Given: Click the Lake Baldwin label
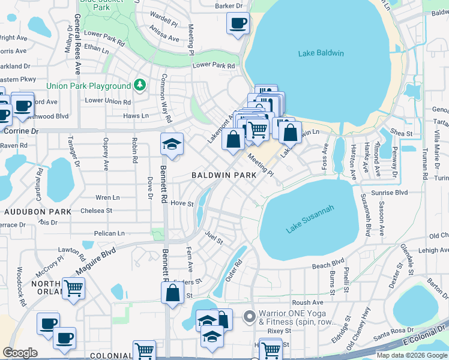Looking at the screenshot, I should tap(321, 53).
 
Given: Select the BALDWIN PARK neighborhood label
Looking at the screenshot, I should tap(224, 175).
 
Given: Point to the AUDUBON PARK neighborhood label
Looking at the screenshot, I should tap(38, 212).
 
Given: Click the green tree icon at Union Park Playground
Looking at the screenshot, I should tap(140, 86).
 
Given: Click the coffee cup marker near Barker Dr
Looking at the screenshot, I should tap(238, 24).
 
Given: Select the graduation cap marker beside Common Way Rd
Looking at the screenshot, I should tap(172, 145).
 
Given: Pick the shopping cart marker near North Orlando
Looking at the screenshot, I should tap(73, 289).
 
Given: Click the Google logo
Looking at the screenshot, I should tap(20, 353).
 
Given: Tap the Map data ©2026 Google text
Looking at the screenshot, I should tap(411, 355).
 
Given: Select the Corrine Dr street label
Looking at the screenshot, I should tap(22, 130).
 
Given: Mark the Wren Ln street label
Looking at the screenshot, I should tap(107, 197).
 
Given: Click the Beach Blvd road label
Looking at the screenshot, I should tap(328, 263).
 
